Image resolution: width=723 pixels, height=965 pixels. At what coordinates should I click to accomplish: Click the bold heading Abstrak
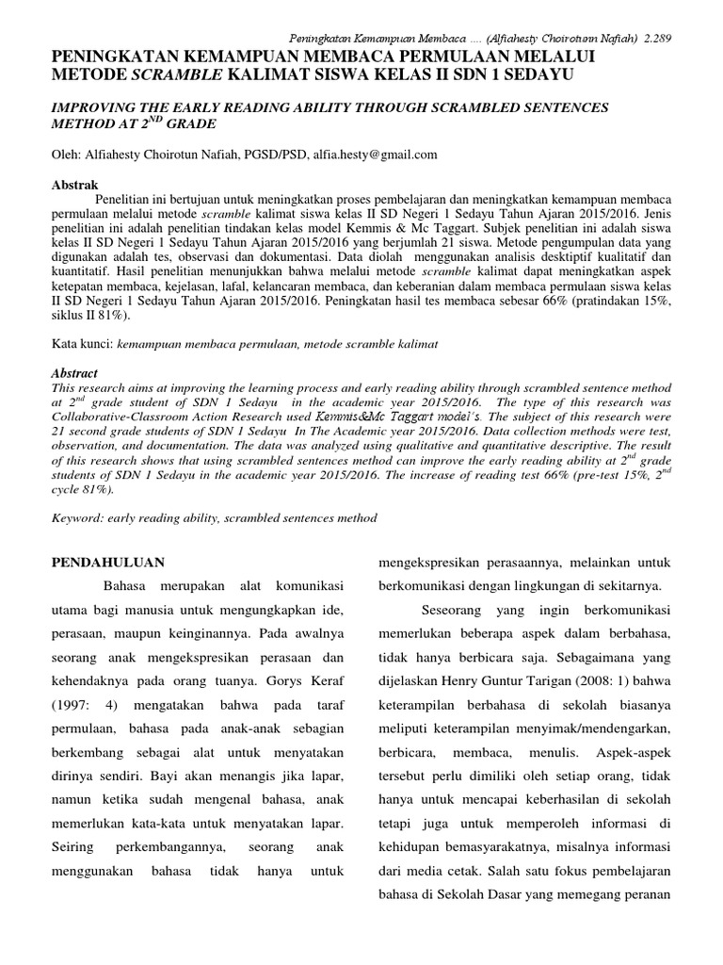(73, 184)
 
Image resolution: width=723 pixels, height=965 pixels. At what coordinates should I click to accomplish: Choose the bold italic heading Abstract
(74, 374)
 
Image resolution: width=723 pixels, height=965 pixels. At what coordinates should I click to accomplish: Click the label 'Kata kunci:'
(81, 345)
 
